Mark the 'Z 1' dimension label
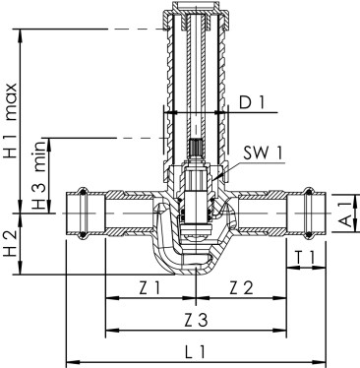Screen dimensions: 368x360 [x=150, y=287]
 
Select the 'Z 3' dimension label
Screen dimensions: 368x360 [x=196, y=320]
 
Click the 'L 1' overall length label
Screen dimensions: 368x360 [x=196, y=350]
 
